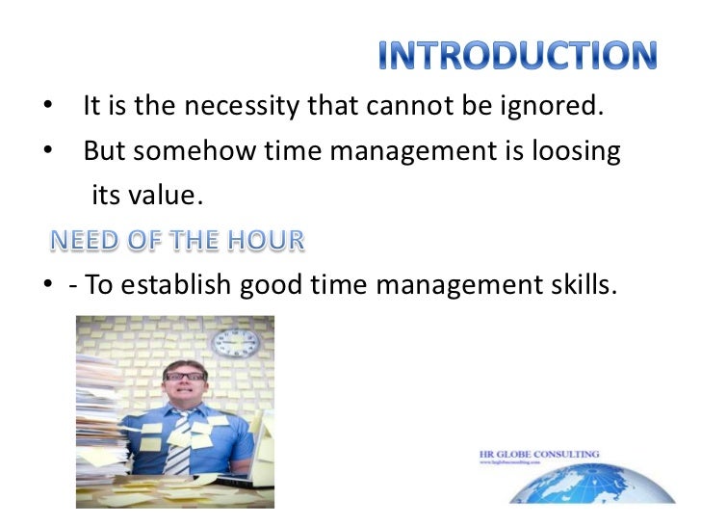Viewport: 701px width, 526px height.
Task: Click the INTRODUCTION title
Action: click(x=517, y=57)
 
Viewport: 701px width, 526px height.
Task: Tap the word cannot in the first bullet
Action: click(x=402, y=107)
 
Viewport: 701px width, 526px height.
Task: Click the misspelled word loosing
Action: click(x=574, y=151)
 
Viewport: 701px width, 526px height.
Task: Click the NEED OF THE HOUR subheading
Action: click(x=176, y=241)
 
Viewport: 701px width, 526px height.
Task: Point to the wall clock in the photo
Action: click(x=235, y=341)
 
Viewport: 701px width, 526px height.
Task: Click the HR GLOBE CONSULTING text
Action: click(x=538, y=454)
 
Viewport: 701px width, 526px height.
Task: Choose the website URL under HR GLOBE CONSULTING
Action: click(x=520, y=464)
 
